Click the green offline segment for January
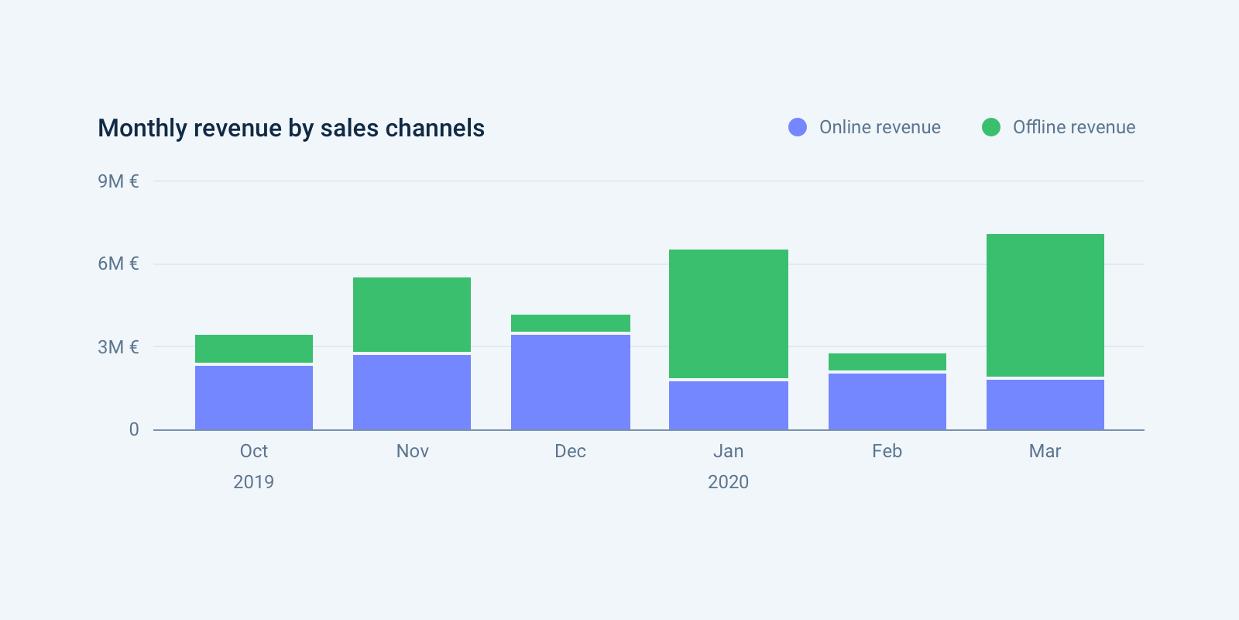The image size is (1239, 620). coord(728,314)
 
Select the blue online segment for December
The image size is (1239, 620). coord(571,382)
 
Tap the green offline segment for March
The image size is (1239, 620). coord(1045,305)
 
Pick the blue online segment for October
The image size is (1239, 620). coord(254,398)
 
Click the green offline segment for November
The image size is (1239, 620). coord(412,315)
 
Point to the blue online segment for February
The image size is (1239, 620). coord(887,401)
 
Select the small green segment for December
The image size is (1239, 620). coord(571,323)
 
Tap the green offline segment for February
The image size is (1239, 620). coord(887,362)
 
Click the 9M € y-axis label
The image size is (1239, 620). coord(118,181)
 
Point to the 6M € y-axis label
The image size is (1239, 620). coord(118,263)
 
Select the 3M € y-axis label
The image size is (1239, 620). coord(118,347)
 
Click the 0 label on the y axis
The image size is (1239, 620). coord(134,429)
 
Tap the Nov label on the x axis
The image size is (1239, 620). coord(412,451)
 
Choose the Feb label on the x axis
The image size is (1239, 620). coord(887,451)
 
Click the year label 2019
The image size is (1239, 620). coord(253,482)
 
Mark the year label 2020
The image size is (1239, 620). coord(728,482)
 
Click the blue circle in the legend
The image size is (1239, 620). coord(798,127)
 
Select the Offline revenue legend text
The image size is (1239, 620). coord(1073,127)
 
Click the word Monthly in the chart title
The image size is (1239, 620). coord(142,129)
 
